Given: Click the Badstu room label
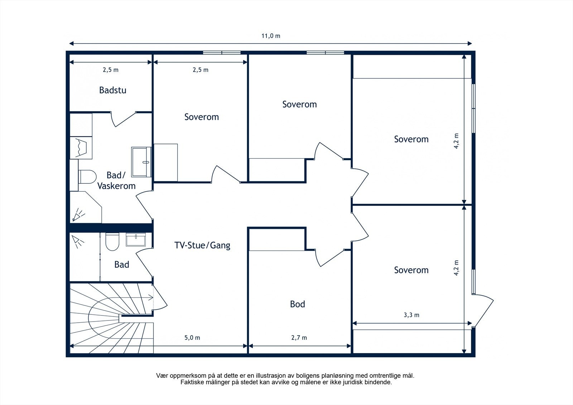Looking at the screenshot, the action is [x=112, y=90].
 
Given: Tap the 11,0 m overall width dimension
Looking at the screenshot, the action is [x=271, y=36].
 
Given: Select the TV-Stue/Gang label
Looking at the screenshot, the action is [x=202, y=245].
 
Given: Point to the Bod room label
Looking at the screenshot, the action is [x=298, y=304].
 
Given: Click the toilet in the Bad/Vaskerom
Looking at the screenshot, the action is [x=87, y=177].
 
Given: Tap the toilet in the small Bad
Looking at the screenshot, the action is [x=112, y=241].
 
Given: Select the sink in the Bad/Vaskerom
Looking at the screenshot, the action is [x=141, y=162].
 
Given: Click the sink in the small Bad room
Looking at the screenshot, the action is [x=136, y=240].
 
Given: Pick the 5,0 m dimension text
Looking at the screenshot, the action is [x=192, y=338].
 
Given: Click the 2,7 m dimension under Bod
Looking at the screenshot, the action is [x=299, y=338].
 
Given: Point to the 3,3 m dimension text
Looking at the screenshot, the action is [x=411, y=315].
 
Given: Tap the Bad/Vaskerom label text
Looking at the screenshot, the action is [x=116, y=180].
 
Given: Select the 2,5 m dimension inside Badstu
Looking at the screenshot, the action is [x=111, y=70].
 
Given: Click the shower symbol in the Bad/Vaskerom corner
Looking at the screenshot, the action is [x=78, y=214].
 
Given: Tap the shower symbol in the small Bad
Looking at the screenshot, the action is [x=78, y=242].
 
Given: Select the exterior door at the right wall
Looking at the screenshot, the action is [x=483, y=310].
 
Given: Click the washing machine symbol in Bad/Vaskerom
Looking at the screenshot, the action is [x=81, y=148].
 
